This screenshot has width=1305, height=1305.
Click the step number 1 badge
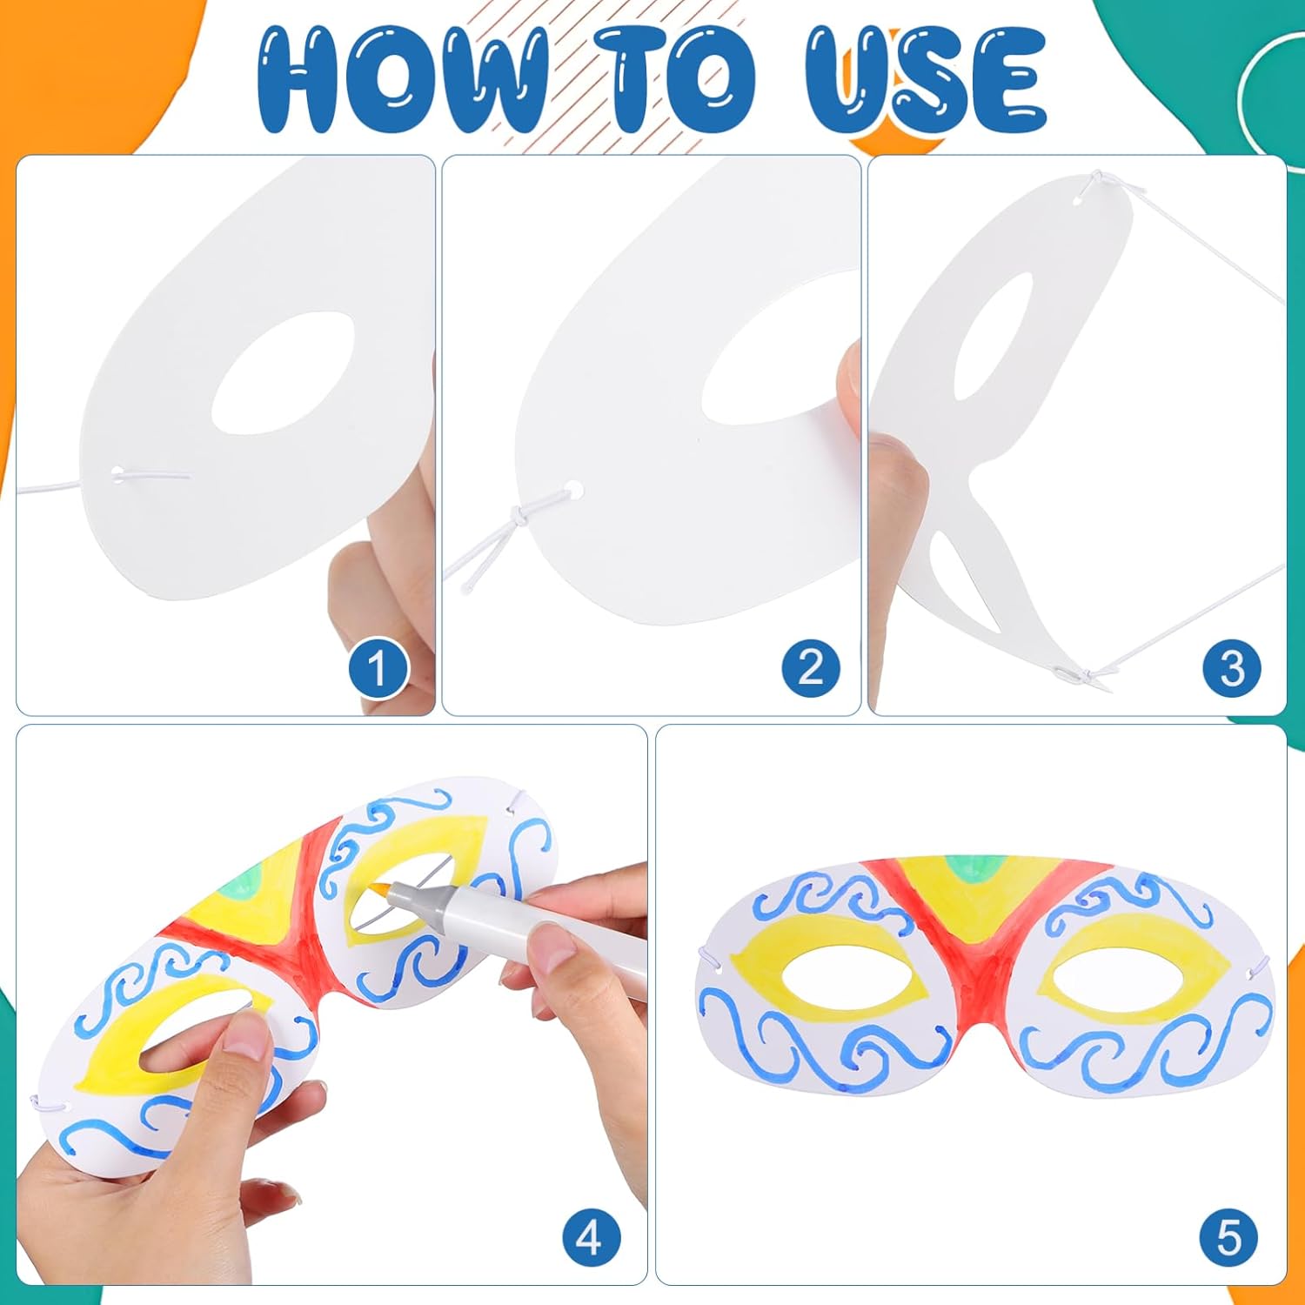(x=378, y=667)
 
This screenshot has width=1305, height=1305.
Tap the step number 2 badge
(x=811, y=667)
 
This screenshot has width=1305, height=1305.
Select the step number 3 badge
(x=1232, y=667)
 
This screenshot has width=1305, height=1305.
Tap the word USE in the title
(x=926, y=80)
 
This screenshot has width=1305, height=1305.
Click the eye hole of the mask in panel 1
(x=284, y=372)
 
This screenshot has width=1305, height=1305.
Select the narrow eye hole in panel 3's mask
(x=993, y=337)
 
